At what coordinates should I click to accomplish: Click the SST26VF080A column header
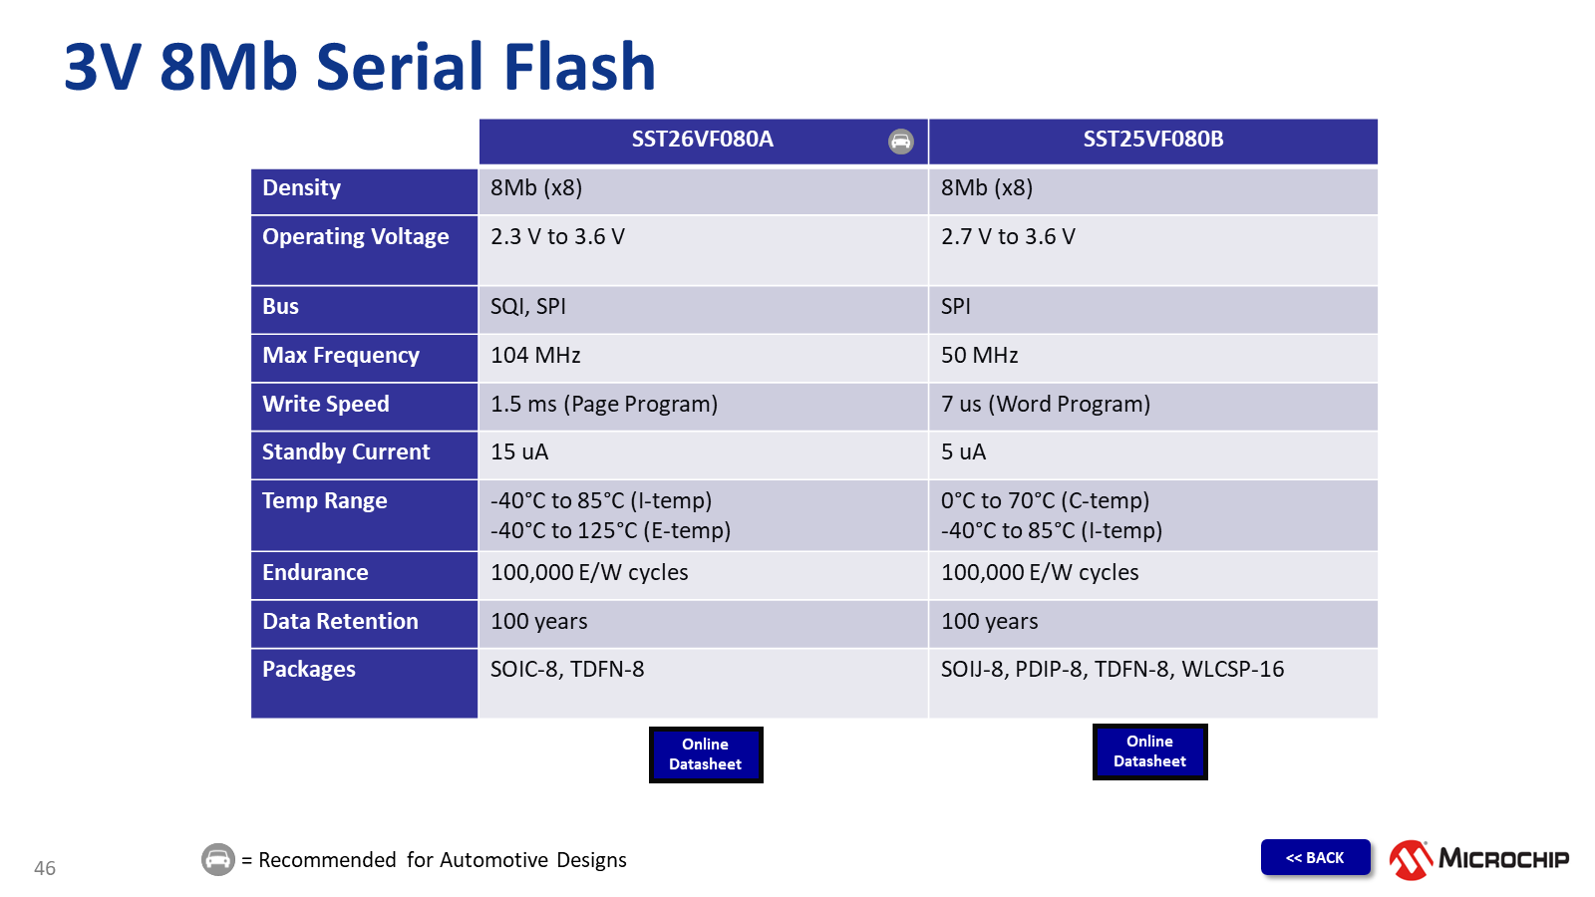(702, 140)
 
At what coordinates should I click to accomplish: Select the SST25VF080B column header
(1153, 140)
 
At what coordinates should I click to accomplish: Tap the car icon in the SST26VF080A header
(900, 142)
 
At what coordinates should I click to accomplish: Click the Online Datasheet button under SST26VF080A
(706, 754)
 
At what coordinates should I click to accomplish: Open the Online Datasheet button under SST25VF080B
(1149, 751)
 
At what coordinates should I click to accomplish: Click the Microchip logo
(1478, 859)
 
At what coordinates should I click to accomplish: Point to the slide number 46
(45, 868)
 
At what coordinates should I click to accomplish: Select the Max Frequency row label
(341, 356)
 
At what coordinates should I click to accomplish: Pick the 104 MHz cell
(535, 356)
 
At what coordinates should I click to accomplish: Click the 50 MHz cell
(980, 356)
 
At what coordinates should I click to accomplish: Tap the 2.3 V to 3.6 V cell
(557, 237)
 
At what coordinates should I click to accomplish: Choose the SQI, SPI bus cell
(528, 307)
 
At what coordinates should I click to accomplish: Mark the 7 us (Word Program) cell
(1046, 405)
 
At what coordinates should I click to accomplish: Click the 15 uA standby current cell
(519, 452)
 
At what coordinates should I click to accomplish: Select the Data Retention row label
(340, 622)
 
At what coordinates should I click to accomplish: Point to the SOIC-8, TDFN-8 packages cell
(567, 670)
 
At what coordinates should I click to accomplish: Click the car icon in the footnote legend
(218, 859)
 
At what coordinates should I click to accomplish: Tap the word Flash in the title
(579, 68)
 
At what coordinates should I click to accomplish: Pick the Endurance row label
(315, 573)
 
